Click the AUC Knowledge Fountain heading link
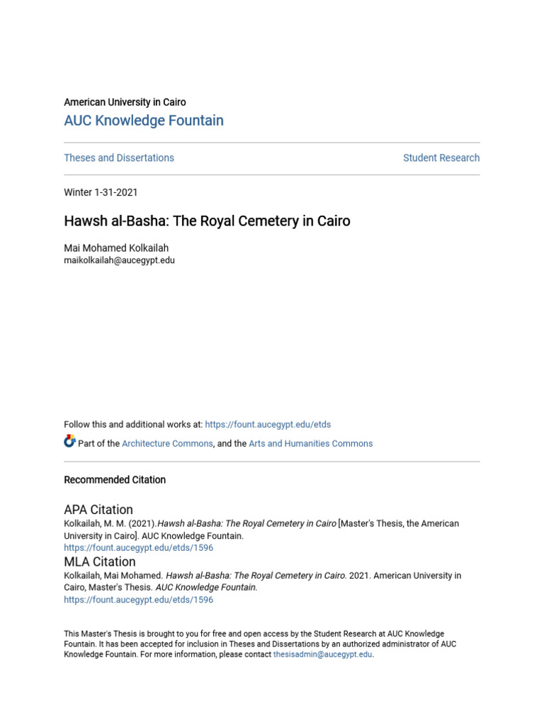click(x=144, y=121)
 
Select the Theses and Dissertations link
click(x=119, y=158)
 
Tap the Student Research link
click(x=441, y=158)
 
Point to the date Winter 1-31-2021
click(x=101, y=192)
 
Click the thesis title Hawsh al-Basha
click(x=207, y=221)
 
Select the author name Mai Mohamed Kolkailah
click(x=116, y=248)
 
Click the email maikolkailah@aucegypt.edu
click(x=119, y=260)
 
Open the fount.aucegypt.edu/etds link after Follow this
click(x=268, y=425)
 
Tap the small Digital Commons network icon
click(x=69, y=442)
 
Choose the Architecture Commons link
click(x=167, y=444)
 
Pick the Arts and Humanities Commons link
click(x=310, y=444)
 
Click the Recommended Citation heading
click(x=115, y=480)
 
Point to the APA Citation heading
click(x=98, y=510)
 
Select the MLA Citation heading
click(x=100, y=562)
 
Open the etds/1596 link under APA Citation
click(x=138, y=548)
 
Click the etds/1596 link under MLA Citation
click(x=138, y=600)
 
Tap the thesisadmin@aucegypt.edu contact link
click(x=322, y=654)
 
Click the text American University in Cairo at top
click(x=125, y=102)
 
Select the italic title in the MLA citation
click(x=256, y=576)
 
